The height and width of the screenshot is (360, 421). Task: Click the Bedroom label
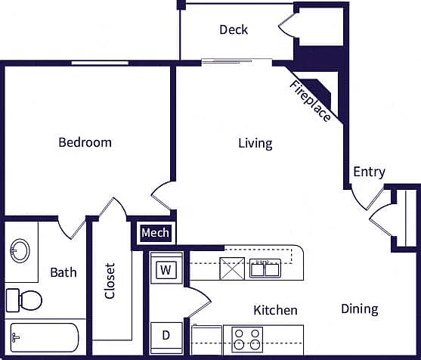[x=85, y=142]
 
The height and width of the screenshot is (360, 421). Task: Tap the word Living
[x=255, y=143]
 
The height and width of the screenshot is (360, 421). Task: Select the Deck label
[x=234, y=29]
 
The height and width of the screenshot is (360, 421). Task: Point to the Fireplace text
[x=310, y=101]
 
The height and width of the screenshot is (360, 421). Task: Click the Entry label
[x=369, y=172]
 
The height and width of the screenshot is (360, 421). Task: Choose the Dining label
[x=360, y=309]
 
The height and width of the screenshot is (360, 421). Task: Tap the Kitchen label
[x=275, y=310]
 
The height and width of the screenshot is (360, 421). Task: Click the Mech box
[x=156, y=233]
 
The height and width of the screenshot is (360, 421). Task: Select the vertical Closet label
[x=110, y=281]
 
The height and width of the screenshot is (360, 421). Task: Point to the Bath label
[x=63, y=272]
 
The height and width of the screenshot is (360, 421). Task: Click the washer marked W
[x=166, y=268]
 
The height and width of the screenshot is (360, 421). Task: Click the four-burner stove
[x=247, y=340]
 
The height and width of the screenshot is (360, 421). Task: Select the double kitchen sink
[x=265, y=268]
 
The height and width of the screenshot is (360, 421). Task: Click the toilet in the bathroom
[x=24, y=299]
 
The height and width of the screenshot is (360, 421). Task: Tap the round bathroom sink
[x=20, y=250]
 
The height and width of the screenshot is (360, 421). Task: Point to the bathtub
[x=45, y=338]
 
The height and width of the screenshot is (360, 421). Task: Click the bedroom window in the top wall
[x=100, y=63]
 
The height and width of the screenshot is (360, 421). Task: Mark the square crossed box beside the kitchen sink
[x=232, y=268]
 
